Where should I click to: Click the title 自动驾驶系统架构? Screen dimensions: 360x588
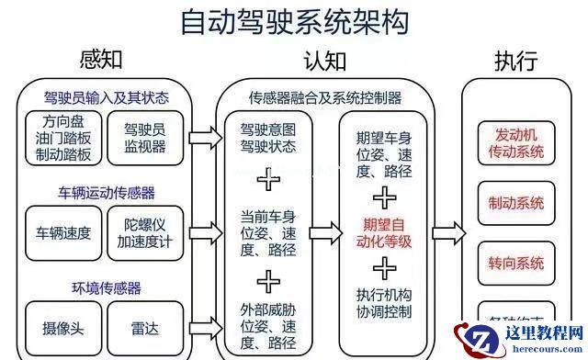pyautogui.click(x=293, y=22)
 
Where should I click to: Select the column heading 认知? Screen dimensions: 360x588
pyautogui.click(x=325, y=62)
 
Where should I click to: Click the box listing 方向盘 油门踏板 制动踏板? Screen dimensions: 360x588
pyautogui.click(x=61, y=138)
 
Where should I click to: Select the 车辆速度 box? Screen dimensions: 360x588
pyautogui.click(x=62, y=232)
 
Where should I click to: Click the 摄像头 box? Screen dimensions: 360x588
pyautogui.click(x=61, y=327)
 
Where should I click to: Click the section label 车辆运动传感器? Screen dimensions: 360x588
pyautogui.click(x=107, y=193)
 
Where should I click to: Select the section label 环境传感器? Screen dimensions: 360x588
pyautogui.click(x=107, y=288)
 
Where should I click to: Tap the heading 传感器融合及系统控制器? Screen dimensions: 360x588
pyautogui.click(x=325, y=97)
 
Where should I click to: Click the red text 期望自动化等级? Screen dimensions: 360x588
pyautogui.click(x=381, y=233)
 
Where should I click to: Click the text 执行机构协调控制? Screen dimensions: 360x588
pyautogui.click(x=381, y=303)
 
